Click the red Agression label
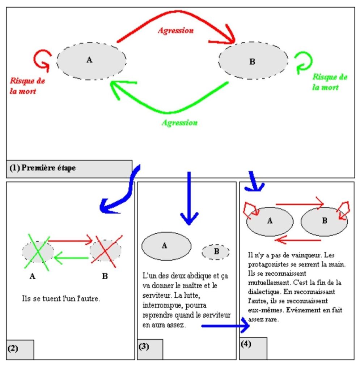[175, 31]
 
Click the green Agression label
[180, 122]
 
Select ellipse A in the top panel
[92, 60]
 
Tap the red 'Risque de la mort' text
[26, 86]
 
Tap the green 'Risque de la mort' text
[330, 82]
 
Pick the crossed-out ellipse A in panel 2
[38, 250]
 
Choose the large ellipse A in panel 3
[166, 246]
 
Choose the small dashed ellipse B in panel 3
[216, 252]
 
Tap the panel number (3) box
[150, 349]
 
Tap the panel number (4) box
[253, 348]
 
